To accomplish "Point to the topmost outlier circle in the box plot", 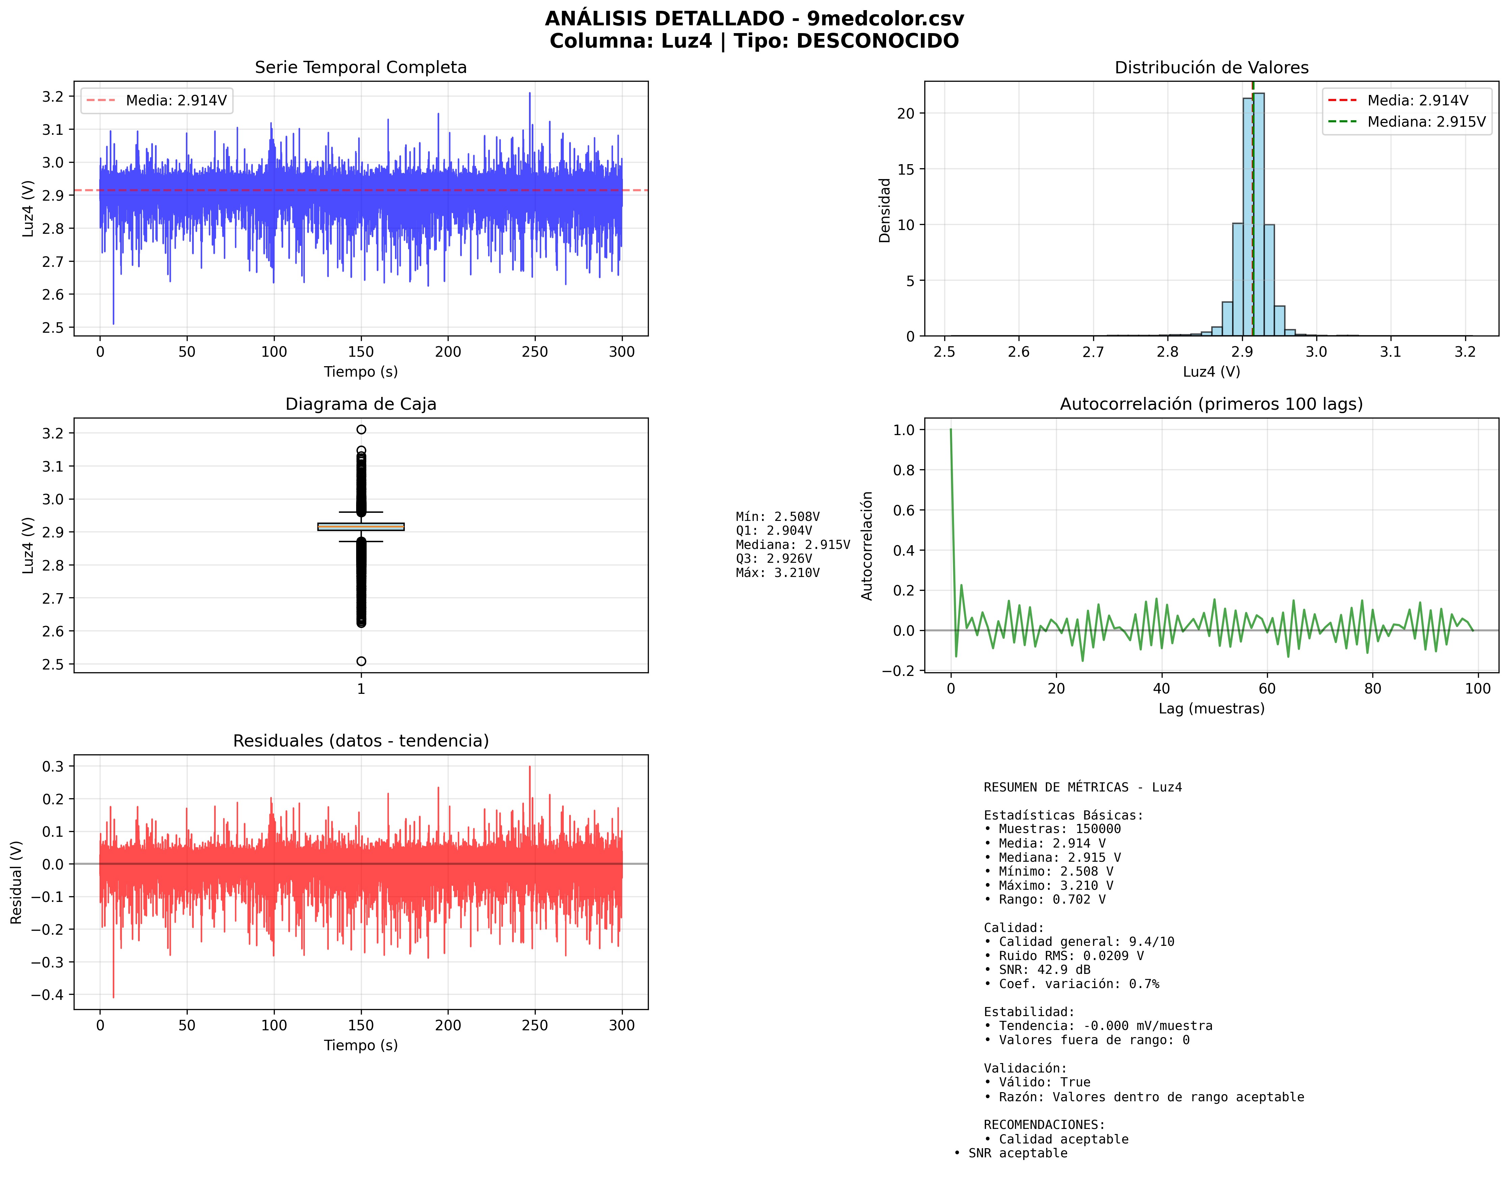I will coord(361,430).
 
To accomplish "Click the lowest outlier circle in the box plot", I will coord(361,661).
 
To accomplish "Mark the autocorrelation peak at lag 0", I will coord(951,430).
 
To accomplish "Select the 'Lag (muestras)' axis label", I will coord(1211,708).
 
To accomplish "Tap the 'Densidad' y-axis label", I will coord(884,210).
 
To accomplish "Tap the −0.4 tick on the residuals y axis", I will coord(47,995).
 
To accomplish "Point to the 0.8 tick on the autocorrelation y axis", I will coord(903,470).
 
